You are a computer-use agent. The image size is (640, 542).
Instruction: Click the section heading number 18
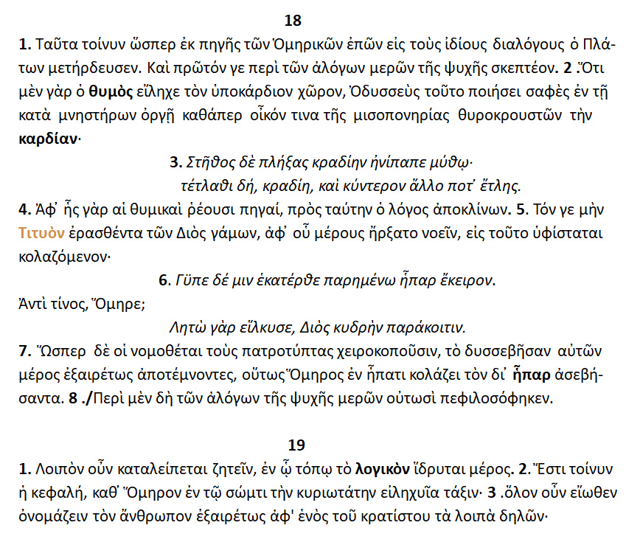coord(293,20)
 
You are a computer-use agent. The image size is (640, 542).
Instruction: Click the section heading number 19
coord(296,445)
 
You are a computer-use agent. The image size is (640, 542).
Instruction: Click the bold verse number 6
coord(163,280)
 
